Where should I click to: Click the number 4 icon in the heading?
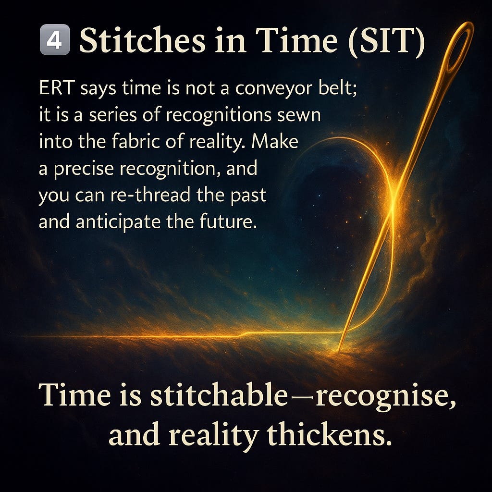coord(54,41)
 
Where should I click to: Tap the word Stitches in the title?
coord(139,40)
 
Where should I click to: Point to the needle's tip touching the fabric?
coord(339,349)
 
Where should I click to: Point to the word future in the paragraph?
coord(228,223)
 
